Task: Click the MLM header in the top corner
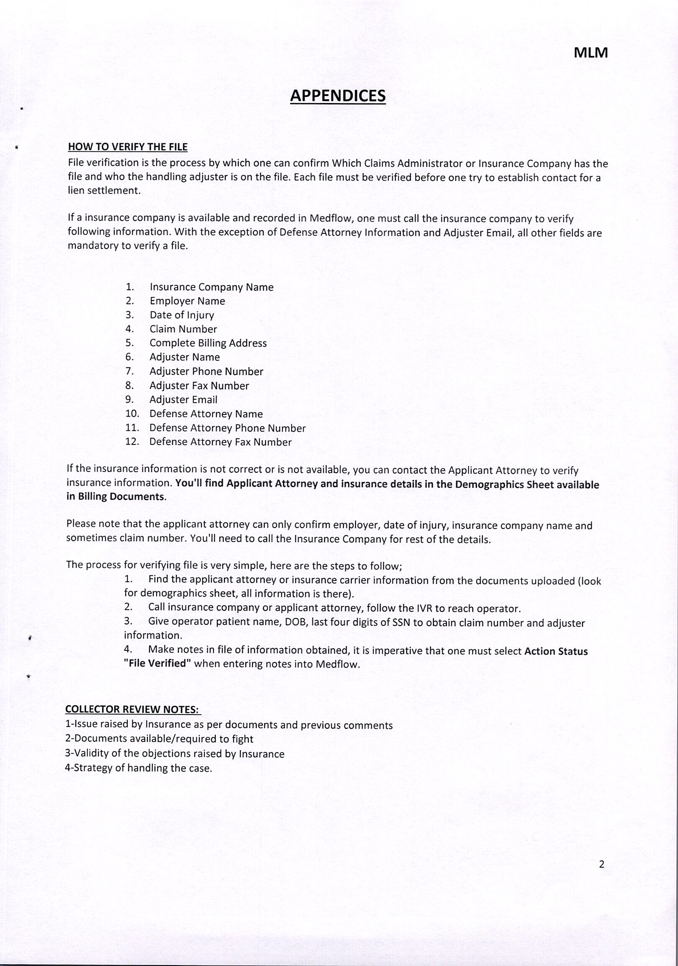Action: tap(590, 53)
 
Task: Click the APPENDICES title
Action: tap(338, 96)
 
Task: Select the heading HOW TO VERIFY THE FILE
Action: tap(128, 147)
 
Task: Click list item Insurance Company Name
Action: tap(211, 287)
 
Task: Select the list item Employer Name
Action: tap(187, 301)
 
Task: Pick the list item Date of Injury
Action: tap(182, 315)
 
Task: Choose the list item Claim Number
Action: tap(183, 329)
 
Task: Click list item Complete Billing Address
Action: tap(208, 343)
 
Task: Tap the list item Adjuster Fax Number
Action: tap(199, 386)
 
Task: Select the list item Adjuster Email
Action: tap(183, 400)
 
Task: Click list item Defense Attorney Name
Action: tap(206, 414)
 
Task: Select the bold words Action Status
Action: tap(556, 651)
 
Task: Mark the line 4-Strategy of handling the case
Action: tap(138, 768)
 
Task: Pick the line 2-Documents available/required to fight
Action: tap(159, 739)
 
